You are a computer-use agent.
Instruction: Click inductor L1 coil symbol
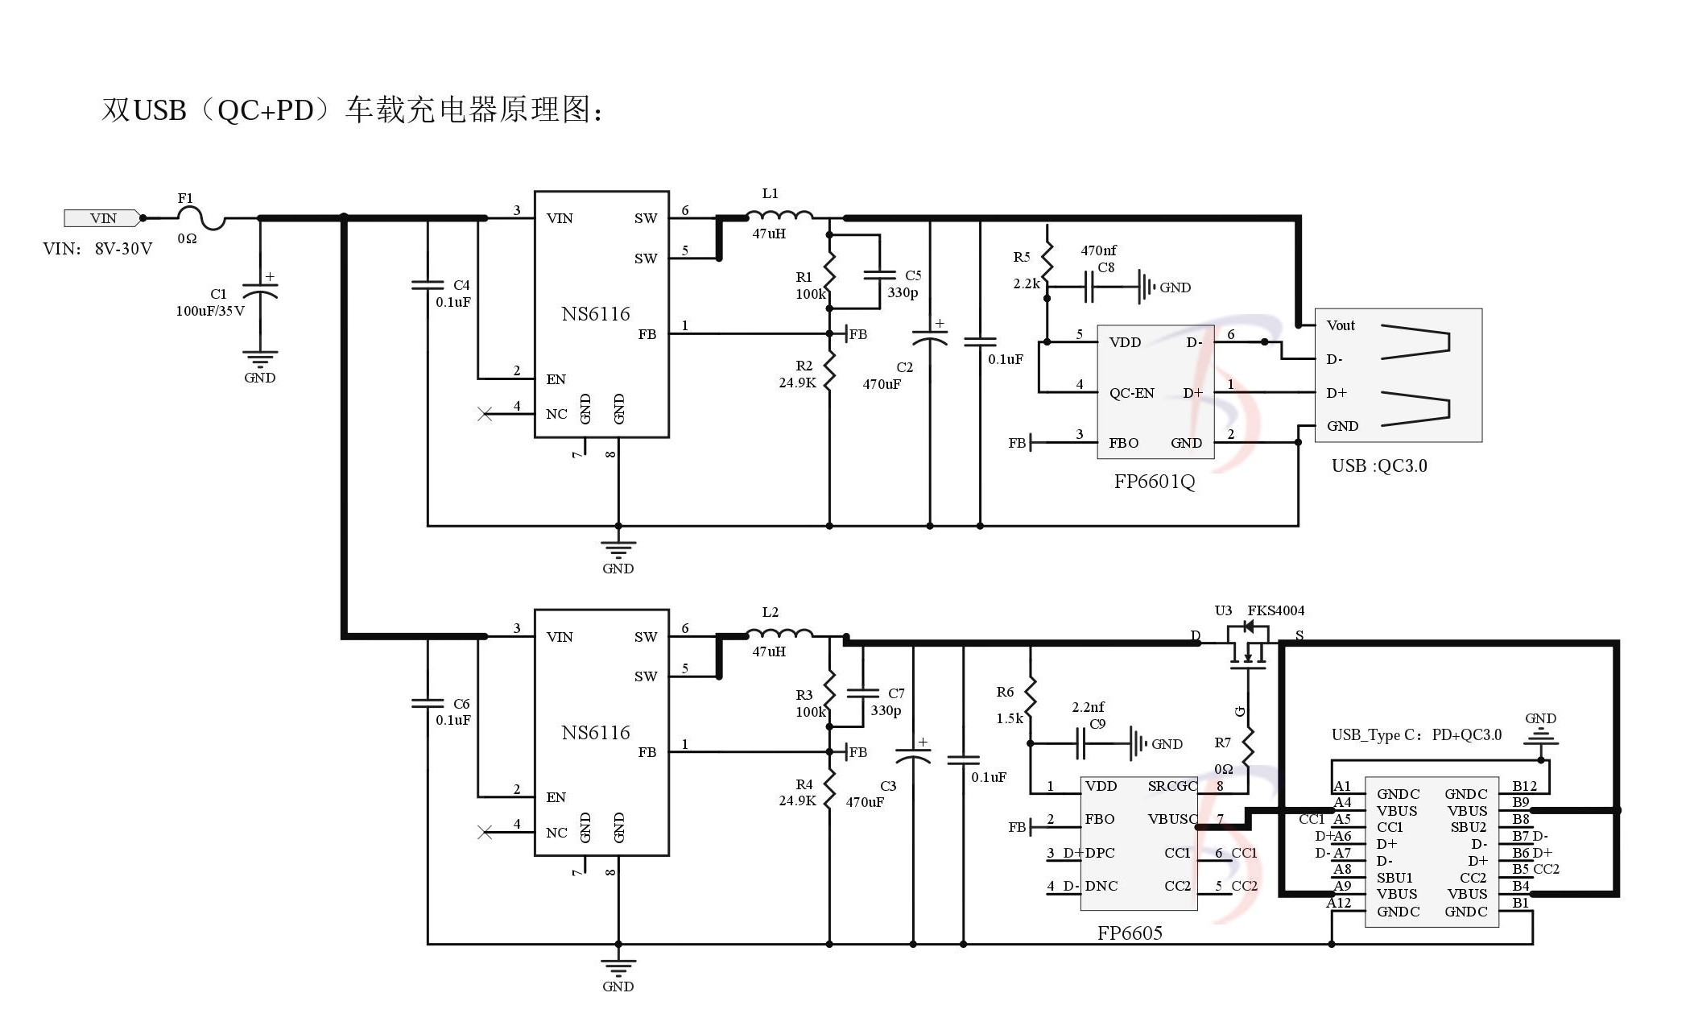coord(779,215)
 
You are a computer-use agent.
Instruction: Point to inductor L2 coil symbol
coord(779,634)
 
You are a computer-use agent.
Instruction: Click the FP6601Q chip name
coord(1154,482)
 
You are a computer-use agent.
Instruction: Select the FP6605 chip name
coord(1130,933)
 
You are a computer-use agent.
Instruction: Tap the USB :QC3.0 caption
coord(1378,465)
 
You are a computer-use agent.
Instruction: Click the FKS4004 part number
coord(1275,610)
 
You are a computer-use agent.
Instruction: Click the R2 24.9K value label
coord(797,383)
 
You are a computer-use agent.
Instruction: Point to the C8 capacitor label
coord(1106,267)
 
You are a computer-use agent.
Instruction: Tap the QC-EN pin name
coord(1131,393)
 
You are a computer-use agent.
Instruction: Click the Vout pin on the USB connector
coord(1341,325)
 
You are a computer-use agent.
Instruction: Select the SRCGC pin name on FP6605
coord(1172,786)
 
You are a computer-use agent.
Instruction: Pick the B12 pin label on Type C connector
coord(1524,786)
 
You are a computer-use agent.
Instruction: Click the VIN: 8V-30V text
coord(97,249)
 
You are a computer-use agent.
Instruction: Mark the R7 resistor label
coord(1222,743)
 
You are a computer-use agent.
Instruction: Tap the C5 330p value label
coord(902,293)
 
